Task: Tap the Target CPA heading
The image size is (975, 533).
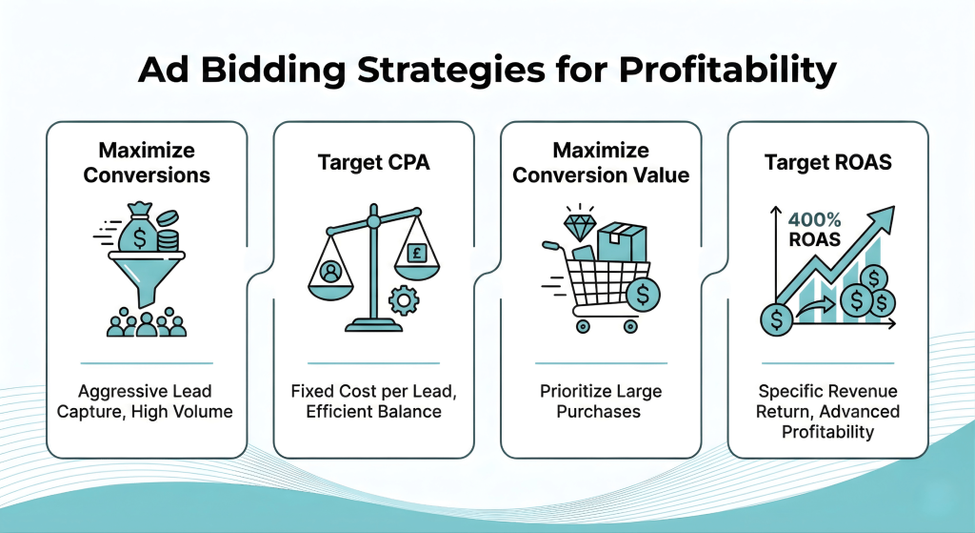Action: tap(373, 162)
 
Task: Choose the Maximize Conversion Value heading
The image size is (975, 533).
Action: tap(601, 163)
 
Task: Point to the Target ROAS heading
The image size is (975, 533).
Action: tap(827, 162)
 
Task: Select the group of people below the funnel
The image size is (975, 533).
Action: tap(146, 323)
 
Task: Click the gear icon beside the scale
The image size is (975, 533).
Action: tap(405, 301)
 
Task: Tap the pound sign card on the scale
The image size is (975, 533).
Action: tap(416, 253)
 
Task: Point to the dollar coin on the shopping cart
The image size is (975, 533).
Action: tap(645, 295)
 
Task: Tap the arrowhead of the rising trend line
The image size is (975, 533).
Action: tap(885, 214)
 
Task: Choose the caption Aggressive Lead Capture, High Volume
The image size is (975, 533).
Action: tap(146, 401)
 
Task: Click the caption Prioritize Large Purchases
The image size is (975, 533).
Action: tap(601, 401)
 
